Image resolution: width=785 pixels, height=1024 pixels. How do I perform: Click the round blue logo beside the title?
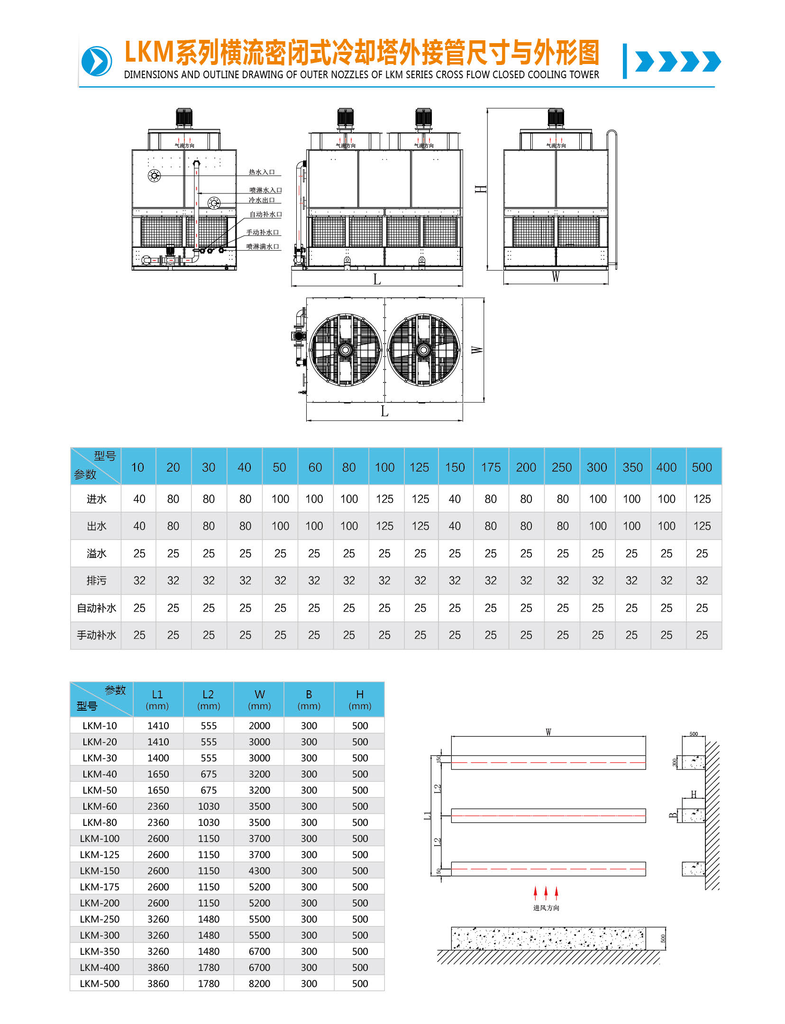tap(97, 61)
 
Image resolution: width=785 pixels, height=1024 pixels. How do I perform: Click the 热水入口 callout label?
tap(262, 172)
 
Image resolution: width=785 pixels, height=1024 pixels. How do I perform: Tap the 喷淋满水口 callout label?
tap(263, 247)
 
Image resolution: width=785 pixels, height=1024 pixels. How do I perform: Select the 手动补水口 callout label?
tap(263, 232)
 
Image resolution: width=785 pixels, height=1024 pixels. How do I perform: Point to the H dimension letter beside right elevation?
tap(481, 189)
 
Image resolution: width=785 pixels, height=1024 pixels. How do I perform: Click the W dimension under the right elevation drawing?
tap(556, 277)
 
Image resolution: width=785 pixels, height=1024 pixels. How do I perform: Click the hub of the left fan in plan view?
tap(345, 350)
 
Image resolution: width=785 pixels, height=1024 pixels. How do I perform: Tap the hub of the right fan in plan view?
tap(423, 350)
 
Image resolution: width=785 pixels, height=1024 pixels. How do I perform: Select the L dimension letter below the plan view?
tap(384, 411)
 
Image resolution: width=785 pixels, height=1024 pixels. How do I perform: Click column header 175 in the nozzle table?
tap(491, 467)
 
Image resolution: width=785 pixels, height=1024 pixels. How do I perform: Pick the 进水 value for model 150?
tap(455, 499)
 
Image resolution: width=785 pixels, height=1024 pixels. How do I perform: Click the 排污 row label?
tap(96, 581)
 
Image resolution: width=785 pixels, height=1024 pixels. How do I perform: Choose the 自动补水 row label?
tap(96, 608)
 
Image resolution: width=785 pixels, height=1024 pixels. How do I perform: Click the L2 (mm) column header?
tap(208, 699)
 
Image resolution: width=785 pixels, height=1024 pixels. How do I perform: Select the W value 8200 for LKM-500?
tap(259, 983)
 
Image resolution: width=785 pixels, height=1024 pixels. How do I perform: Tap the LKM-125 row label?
tap(100, 854)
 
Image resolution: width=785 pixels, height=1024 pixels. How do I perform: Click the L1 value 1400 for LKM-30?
tap(158, 758)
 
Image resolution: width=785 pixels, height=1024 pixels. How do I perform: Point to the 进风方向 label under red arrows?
tap(546, 908)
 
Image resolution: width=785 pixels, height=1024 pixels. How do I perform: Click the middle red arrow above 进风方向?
tap(546, 893)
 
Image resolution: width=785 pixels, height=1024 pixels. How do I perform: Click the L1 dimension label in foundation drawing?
tap(428, 815)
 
